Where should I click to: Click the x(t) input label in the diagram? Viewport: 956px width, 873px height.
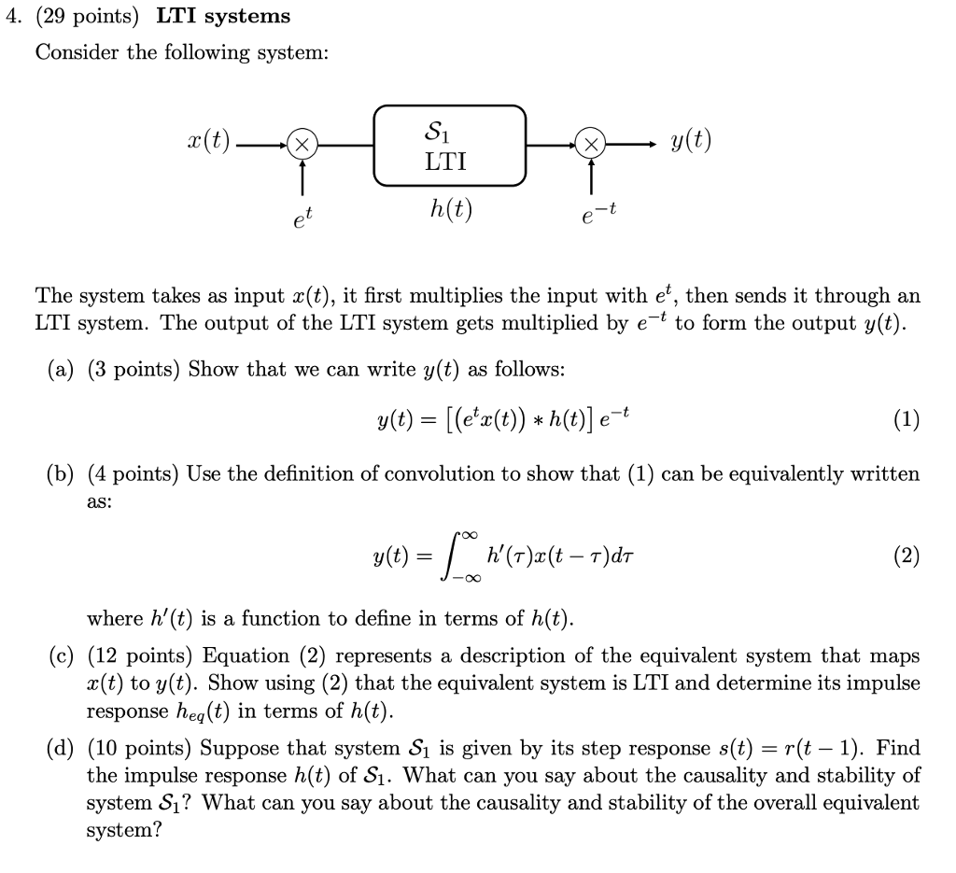tap(208, 144)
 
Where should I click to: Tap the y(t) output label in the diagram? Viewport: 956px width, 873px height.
tap(691, 143)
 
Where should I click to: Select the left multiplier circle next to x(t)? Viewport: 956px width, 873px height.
tap(302, 146)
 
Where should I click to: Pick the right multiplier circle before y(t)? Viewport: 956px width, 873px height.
tap(590, 146)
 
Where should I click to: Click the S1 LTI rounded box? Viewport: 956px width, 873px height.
tap(450, 145)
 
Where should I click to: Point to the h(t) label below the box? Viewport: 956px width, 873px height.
tap(451, 211)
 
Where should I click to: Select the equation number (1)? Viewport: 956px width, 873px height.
tap(905, 420)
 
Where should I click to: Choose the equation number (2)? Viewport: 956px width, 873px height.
tap(905, 557)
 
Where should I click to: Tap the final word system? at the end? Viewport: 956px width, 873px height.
tap(124, 830)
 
